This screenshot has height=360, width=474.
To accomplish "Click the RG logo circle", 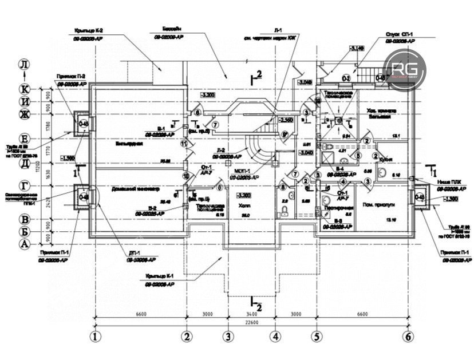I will [x=405, y=69].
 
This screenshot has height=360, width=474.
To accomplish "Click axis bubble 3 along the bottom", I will [x=228, y=336].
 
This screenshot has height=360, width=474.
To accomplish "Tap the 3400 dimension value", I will [x=251, y=314].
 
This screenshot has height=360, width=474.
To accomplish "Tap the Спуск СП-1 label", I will [x=398, y=35].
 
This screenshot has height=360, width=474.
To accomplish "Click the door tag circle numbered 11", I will [x=183, y=145].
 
